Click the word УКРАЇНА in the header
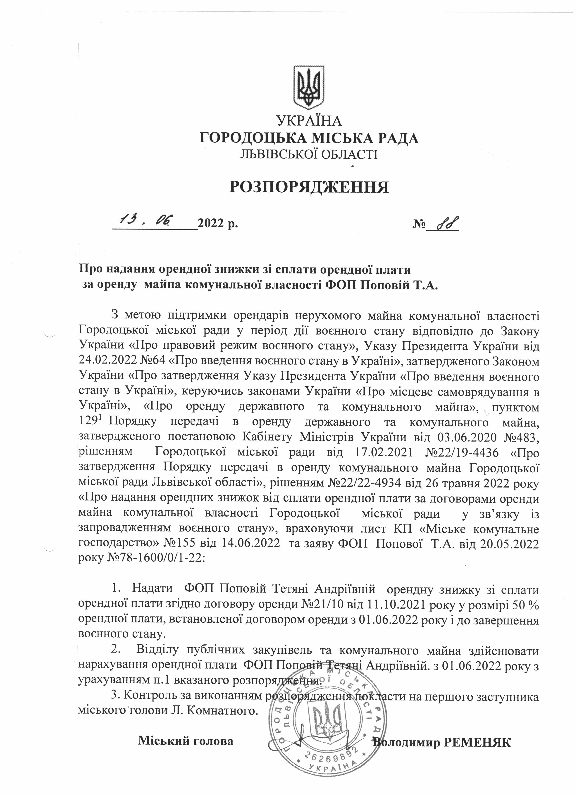[x=309, y=121]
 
